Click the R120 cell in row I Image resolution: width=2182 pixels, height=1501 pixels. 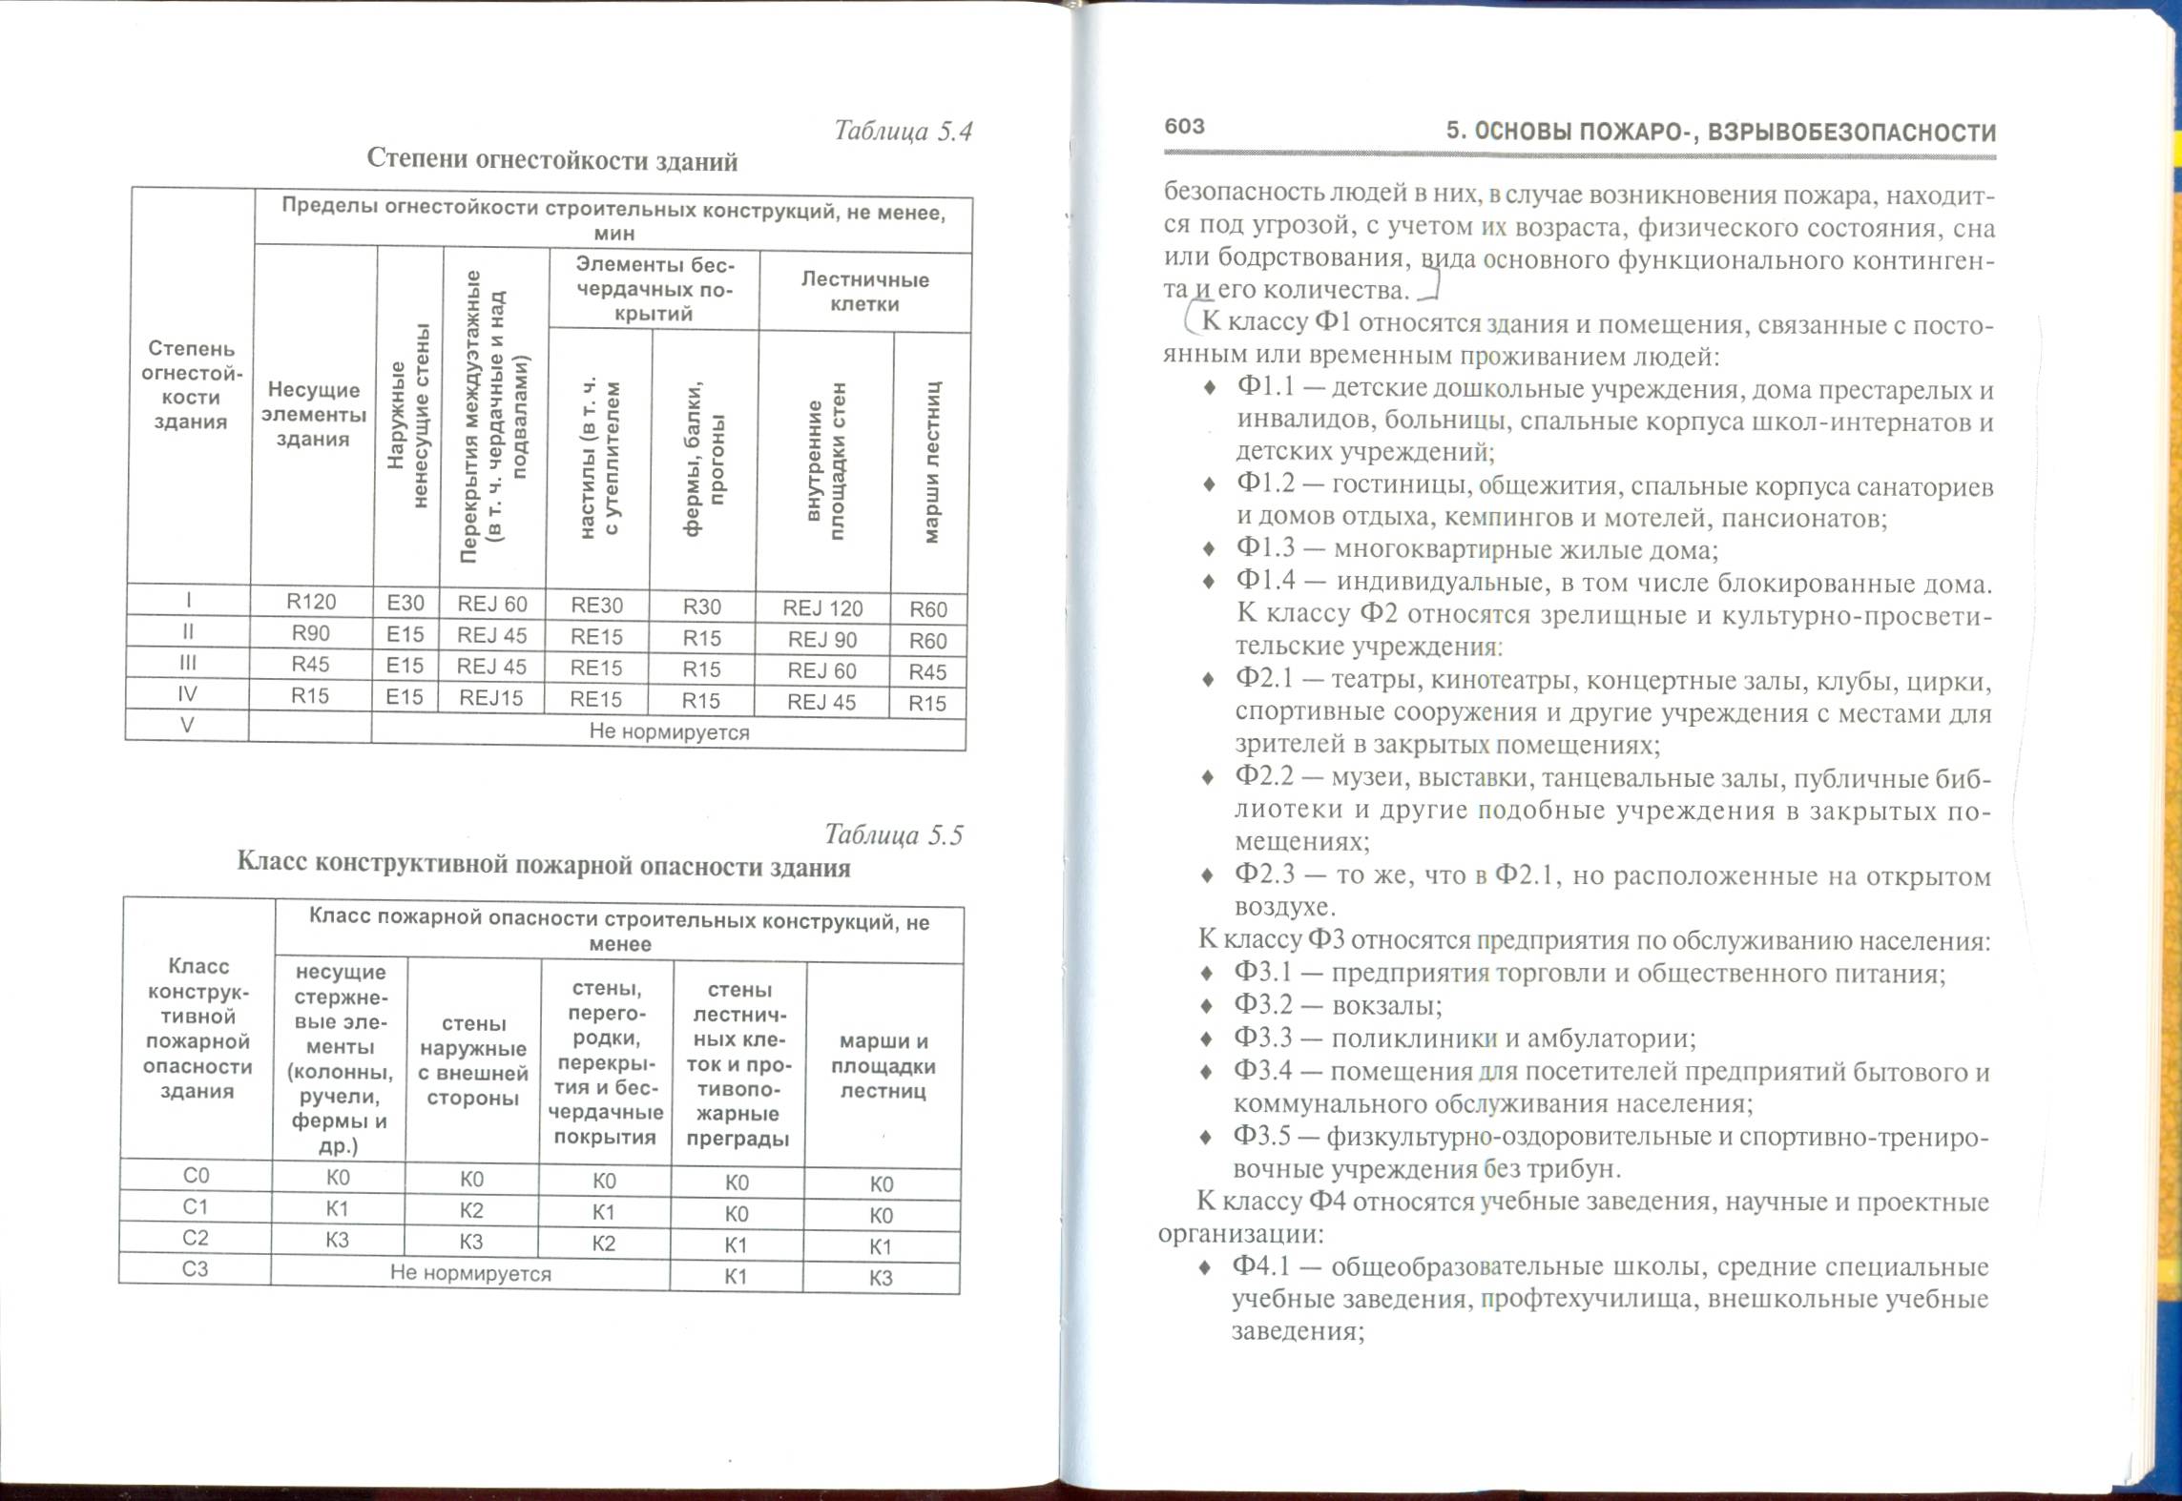[311, 602]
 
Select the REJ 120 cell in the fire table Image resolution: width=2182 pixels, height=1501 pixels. [822, 608]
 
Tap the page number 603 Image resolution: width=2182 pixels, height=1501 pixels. [1185, 127]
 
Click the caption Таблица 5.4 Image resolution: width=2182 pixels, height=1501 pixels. [903, 131]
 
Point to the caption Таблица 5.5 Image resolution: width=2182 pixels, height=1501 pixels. [893, 835]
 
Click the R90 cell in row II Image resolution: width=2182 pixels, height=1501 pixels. [311, 633]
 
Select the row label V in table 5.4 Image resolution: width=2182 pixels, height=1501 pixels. [187, 725]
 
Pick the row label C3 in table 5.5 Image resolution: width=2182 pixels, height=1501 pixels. [195, 1269]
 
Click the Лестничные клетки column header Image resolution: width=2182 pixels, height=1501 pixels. [864, 292]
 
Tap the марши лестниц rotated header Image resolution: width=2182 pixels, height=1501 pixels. [931, 463]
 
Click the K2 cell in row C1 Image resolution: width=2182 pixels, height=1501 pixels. [471, 1211]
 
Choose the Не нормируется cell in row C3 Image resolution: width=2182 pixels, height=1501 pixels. [470, 1273]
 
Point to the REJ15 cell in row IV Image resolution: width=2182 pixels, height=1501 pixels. [491, 698]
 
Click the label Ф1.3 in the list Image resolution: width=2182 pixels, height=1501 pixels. [1265, 549]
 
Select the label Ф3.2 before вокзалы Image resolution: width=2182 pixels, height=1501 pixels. [1263, 1006]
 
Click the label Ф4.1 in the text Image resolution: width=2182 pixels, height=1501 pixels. [1261, 1266]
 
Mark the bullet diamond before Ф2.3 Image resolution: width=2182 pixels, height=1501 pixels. [1208, 875]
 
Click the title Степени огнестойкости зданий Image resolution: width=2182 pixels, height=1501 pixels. [552, 160]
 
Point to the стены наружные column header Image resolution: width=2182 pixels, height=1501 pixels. [473, 1060]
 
